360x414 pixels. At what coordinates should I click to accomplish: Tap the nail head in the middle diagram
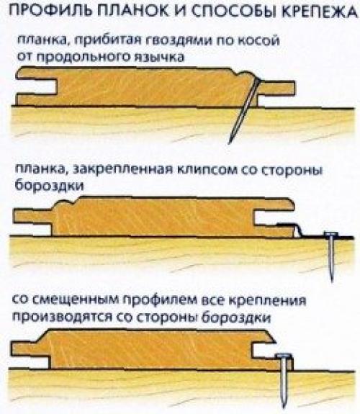click(330, 235)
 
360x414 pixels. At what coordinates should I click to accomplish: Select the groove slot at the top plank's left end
click(35, 86)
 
